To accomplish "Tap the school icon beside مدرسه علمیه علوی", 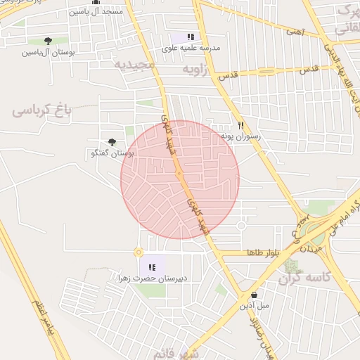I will pos(191,37).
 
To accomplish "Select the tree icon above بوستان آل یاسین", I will pos(48,41).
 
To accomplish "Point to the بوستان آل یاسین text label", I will pos(48,52).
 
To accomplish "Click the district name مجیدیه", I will pos(134,64).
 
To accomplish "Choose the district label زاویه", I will pos(197,70).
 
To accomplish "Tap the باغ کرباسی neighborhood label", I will pos(42,110).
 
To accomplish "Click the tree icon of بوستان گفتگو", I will pos(112,142).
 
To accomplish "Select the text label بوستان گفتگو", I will pos(112,153).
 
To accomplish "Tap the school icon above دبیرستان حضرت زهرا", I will pos(152,266).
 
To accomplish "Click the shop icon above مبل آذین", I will pos(253,295).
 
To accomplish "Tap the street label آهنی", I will pos(294,32).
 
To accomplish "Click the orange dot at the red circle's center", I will pos(179,174).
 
